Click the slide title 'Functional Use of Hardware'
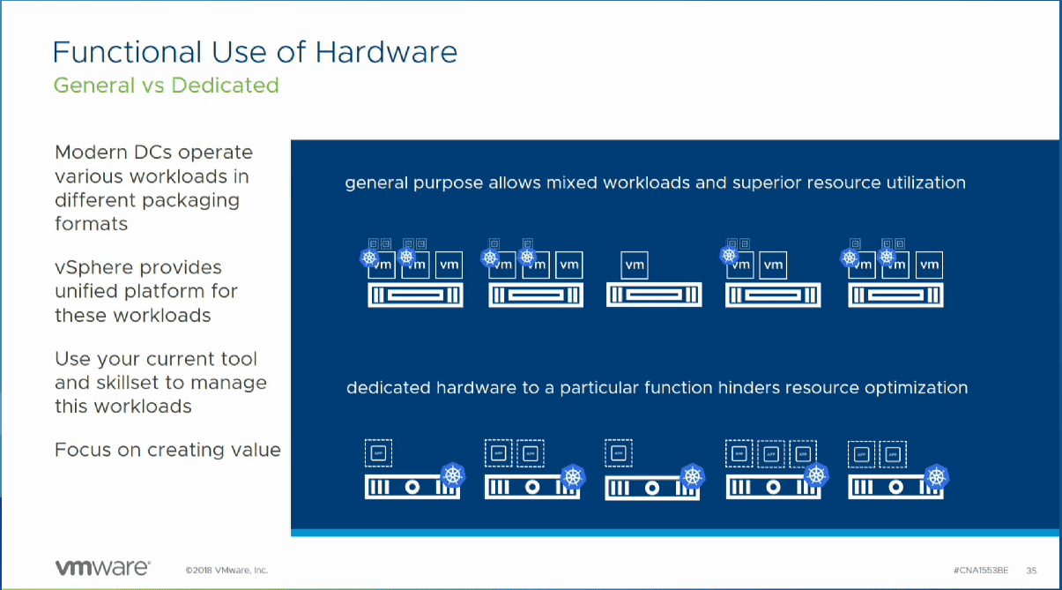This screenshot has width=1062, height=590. pyautogui.click(x=255, y=53)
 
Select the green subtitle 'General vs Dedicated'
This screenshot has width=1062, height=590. pyautogui.click(x=166, y=86)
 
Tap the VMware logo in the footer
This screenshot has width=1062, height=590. pyautogui.click(x=102, y=568)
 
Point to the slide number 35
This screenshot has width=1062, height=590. pyautogui.click(x=1031, y=570)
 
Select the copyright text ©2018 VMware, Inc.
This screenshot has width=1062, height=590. pyautogui.click(x=227, y=570)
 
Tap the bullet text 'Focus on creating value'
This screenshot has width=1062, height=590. pyautogui.click(x=167, y=450)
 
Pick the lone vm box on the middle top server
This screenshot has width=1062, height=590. pyautogui.click(x=635, y=265)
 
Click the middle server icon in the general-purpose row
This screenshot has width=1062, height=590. pyautogui.click(x=653, y=295)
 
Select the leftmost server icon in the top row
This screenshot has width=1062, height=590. pyautogui.click(x=415, y=295)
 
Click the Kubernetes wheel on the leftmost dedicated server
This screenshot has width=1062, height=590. pyautogui.click(x=453, y=477)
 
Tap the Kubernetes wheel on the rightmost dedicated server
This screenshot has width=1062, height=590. pyautogui.click(x=936, y=477)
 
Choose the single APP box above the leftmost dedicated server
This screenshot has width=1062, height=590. pyautogui.click(x=379, y=453)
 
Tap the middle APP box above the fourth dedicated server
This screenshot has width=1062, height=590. pyautogui.click(x=770, y=453)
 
